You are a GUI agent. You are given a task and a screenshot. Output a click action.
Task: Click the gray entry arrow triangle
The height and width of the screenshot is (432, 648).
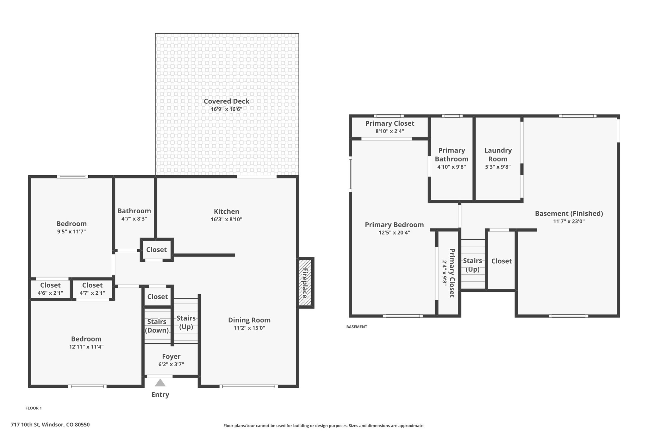coord(160,383)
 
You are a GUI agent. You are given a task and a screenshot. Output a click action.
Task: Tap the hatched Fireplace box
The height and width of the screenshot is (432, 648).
coord(305,283)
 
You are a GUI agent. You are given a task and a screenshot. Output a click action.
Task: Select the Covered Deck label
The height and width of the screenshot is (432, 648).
coord(227,101)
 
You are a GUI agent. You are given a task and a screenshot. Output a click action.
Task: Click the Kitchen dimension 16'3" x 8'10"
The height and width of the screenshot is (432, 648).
coord(227,219)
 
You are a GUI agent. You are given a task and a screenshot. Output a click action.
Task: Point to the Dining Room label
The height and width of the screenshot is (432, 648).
coord(249,320)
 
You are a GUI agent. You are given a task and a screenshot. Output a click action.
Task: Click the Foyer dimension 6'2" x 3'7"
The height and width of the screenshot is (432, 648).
coord(171,364)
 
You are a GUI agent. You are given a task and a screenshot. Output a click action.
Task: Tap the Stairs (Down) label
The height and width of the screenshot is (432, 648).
coord(157,326)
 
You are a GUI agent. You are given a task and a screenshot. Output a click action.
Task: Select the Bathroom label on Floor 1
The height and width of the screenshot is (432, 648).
coord(134,211)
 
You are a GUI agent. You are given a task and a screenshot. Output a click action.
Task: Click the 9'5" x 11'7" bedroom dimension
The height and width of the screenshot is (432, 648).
coord(72,231)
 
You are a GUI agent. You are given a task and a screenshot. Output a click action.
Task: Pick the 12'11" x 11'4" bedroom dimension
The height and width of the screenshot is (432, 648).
coord(86,347)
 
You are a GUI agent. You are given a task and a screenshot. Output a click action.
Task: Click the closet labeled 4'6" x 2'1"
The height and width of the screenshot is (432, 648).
coord(50,293)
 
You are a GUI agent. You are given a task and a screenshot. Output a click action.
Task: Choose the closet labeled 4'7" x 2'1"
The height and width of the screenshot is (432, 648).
coord(92,293)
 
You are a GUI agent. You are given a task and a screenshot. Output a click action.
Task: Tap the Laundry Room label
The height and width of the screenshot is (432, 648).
coord(498,154)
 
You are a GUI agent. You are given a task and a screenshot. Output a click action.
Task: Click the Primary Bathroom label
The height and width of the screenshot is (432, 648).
coord(452,154)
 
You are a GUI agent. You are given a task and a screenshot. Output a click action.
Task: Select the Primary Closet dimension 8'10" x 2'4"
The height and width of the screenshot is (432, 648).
coord(390,131)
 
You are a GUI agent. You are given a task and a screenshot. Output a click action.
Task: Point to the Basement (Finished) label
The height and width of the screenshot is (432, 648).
coord(569,214)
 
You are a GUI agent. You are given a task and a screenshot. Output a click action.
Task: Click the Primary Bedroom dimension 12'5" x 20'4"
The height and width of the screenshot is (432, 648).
coord(394,233)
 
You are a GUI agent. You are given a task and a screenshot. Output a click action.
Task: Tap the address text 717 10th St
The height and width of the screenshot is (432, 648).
coord(25,425)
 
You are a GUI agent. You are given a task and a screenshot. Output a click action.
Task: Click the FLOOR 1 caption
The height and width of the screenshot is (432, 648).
coord(34,408)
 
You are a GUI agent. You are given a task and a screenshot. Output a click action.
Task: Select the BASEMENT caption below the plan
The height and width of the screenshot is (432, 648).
coord(357,327)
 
